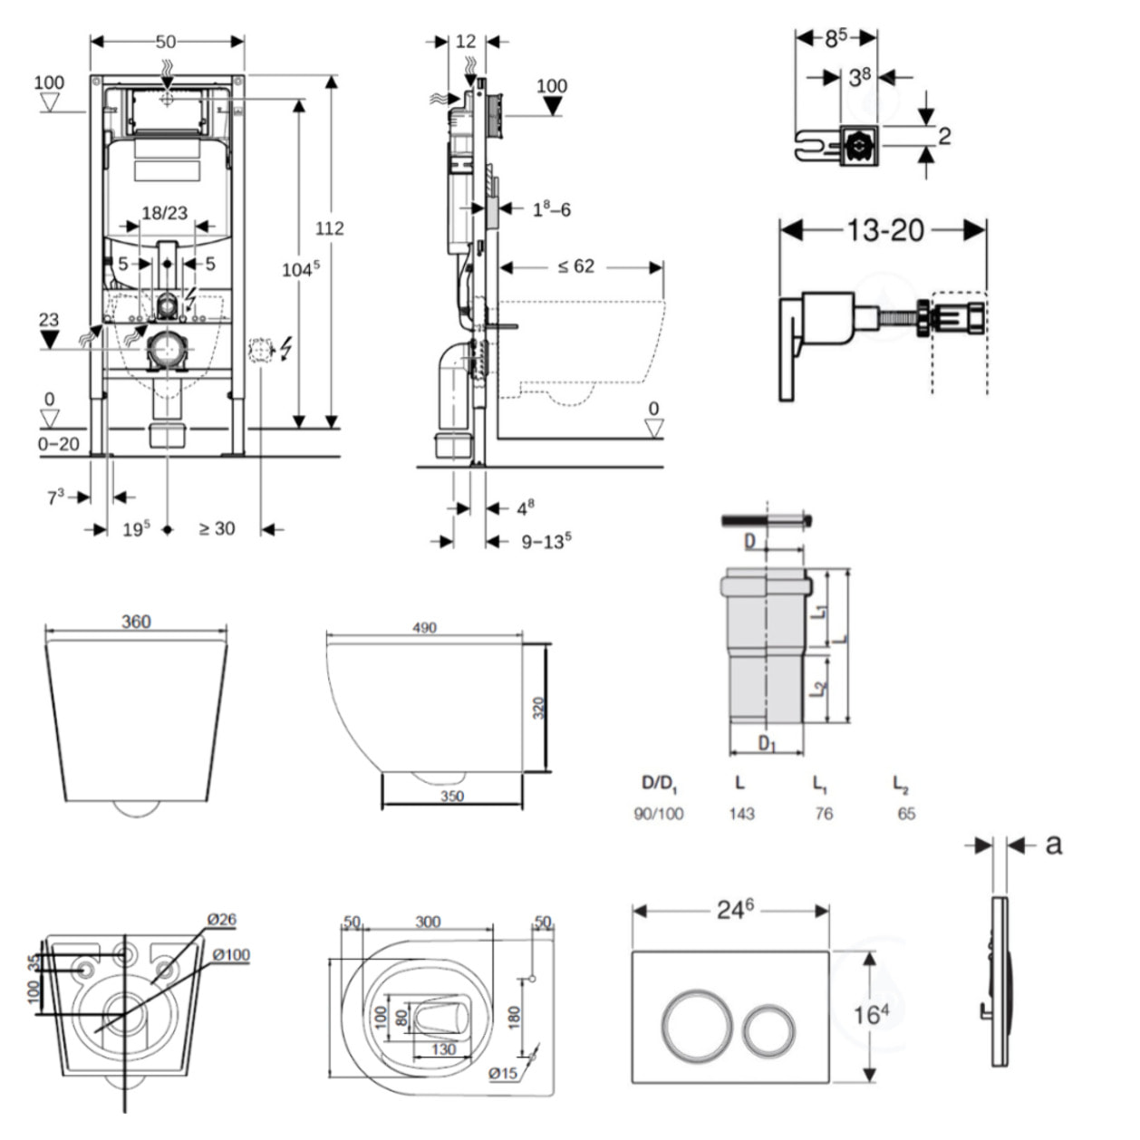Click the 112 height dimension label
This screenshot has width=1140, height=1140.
329,228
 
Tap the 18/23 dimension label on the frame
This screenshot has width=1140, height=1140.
164,213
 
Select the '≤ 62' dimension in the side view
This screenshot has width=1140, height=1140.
576,266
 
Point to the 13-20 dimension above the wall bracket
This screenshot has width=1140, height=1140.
884,230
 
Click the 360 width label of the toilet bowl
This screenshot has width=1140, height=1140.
136,622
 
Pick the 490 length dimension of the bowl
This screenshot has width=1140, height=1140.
424,627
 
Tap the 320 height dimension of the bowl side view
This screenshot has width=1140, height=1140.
538,708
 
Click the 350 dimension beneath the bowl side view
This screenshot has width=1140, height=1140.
451,797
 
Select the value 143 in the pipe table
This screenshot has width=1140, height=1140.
741,814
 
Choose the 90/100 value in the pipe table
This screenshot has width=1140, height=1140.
658,814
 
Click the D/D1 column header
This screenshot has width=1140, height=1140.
659,784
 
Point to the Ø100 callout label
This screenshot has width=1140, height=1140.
232,954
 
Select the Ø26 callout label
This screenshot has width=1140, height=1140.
221,919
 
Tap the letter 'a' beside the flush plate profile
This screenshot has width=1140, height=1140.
1053,844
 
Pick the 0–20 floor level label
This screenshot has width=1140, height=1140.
58,444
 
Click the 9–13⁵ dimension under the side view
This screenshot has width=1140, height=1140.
546,542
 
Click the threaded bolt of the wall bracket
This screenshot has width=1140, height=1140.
895,321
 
